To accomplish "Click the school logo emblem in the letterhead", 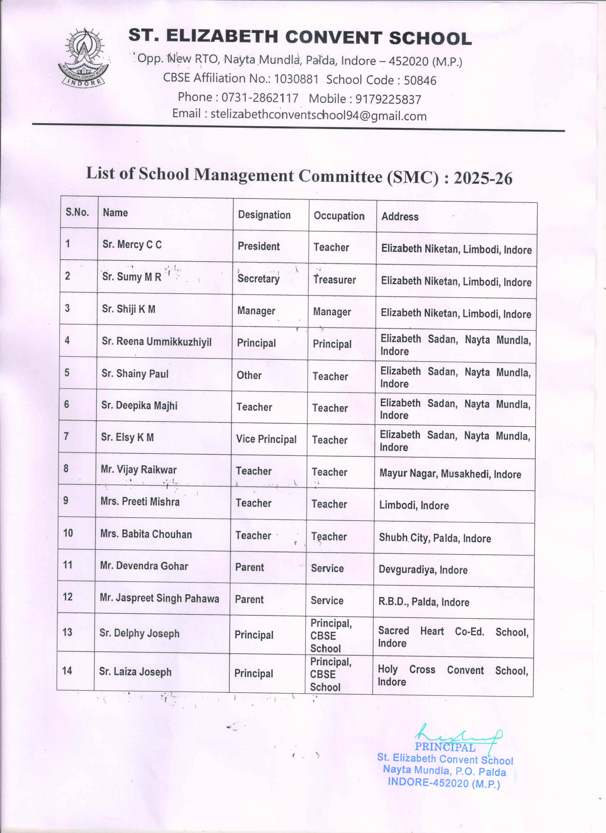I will click(83, 58).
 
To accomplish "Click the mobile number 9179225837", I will click(388, 99).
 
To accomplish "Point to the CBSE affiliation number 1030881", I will click(296, 79).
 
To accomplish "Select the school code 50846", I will click(420, 81).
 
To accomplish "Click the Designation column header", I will click(264, 215).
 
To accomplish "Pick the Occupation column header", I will click(339, 216).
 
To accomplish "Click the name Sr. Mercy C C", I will click(132, 245).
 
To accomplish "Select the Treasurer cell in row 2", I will click(334, 280).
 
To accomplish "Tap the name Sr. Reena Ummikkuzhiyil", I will click(156, 342).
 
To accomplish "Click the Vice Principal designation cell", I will click(266, 439).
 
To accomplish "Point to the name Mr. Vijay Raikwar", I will click(139, 470).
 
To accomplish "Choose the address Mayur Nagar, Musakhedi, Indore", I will click(450, 474).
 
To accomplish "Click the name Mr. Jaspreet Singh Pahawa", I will click(159, 598).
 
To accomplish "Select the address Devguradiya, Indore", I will click(423, 570).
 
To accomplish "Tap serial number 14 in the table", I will click(67, 671).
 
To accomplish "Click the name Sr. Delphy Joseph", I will click(139, 633).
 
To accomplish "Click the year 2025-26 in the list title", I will click(483, 178).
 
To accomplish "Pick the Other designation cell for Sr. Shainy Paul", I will click(249, 376).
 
